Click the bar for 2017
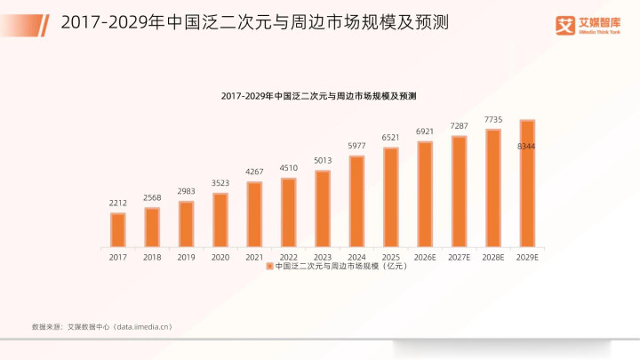[117, 229]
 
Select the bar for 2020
[220, 220]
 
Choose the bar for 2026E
[425, 194]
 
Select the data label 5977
[356, 146]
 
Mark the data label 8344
[527, 146]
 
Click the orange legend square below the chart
[269, 266]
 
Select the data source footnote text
[101, 327]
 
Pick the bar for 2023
[323, 208]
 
